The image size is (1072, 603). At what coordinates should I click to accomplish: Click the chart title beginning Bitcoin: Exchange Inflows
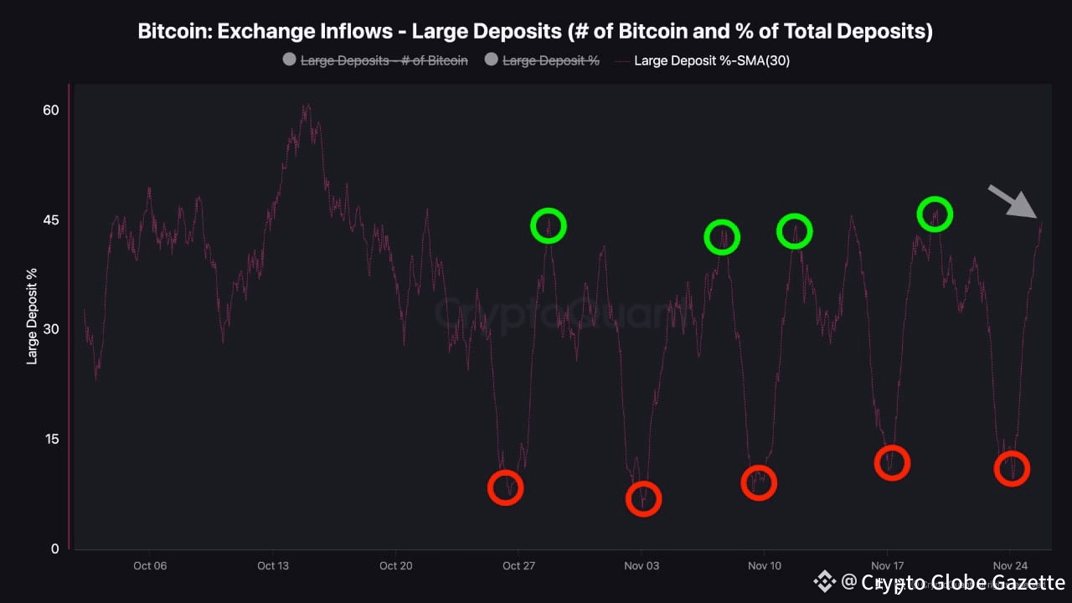pos(535,32)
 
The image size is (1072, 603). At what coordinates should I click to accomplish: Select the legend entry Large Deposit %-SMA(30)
pos(711,60)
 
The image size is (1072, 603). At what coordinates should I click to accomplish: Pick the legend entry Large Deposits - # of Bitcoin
pos(384,60)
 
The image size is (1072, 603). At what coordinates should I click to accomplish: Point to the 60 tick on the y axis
pos(50,111)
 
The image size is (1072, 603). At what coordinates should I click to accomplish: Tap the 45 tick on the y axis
pos(50,220)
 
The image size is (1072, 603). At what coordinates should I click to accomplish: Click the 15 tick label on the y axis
pos(50,440)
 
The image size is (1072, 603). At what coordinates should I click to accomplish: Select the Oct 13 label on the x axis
pos(273,566)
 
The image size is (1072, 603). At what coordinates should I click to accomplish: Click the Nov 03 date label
pos(642,566)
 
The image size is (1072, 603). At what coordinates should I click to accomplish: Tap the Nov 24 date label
pos(1010,566)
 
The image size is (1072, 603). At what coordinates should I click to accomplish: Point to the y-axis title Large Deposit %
pos(33,317)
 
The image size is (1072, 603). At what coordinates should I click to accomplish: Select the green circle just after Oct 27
pos(549,225)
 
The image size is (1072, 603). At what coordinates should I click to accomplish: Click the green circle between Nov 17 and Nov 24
pos(935,214)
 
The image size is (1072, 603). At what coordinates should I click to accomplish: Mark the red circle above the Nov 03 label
pos(643,499)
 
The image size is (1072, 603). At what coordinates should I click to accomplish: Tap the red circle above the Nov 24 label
pos(1012,469)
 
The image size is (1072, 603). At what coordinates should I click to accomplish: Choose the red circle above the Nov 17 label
pos(892,463)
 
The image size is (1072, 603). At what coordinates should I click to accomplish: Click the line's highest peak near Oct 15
pos(307,106)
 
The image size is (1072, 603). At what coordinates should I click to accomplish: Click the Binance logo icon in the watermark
pos(825,581)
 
